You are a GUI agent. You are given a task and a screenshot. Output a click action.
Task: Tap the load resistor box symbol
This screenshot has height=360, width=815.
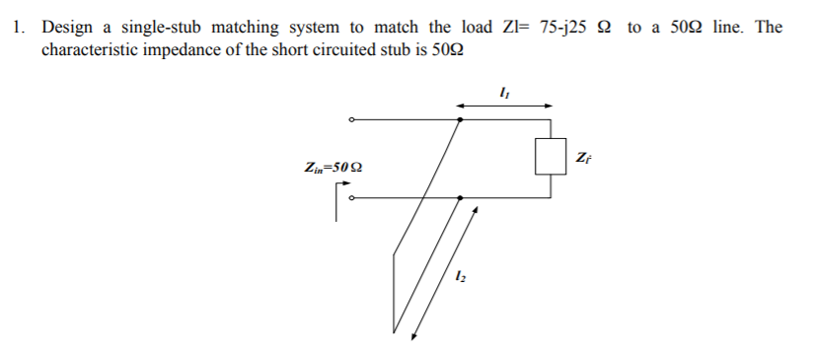[x=549, y=157]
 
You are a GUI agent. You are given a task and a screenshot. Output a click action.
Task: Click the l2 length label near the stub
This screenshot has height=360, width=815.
[x=458, y=277]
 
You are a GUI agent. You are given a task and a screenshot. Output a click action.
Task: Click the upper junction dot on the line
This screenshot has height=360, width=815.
[x=461, y=120]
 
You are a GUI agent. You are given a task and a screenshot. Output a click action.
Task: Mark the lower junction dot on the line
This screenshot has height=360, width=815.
[x=461, y=197]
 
